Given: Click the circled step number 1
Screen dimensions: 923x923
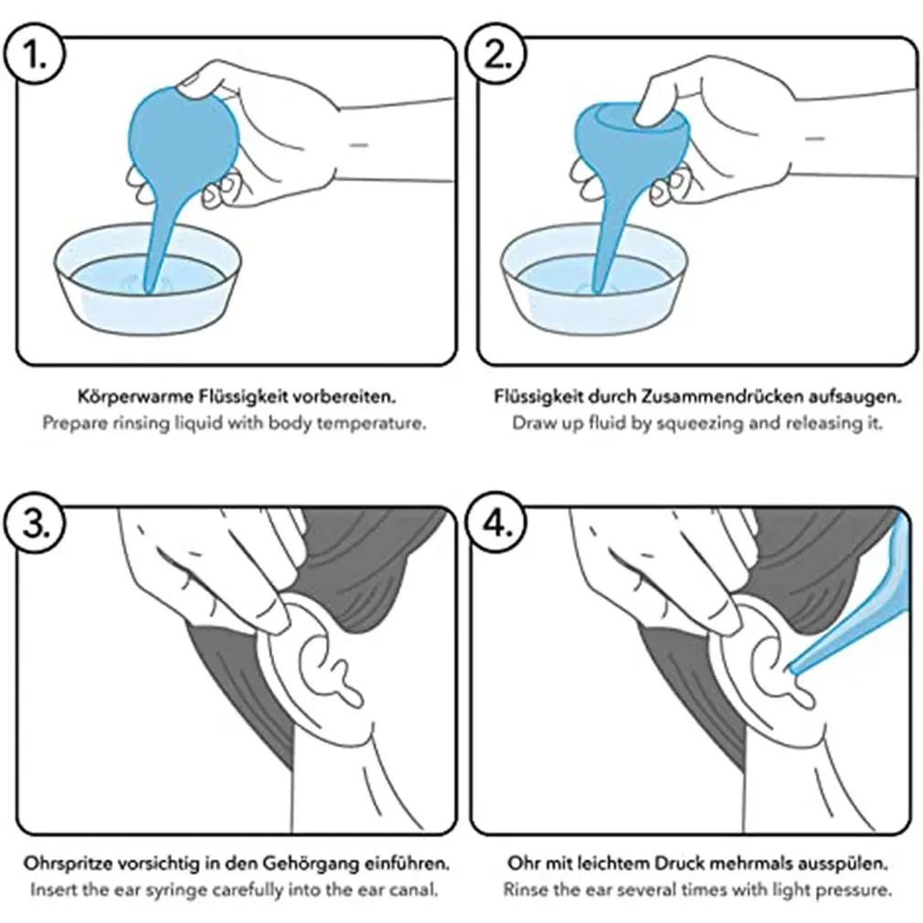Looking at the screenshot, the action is (x=34, y=55).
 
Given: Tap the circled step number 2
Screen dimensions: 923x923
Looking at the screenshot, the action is (x=495, y=55).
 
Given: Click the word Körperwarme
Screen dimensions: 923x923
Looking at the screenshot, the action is (x=135, y=397).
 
